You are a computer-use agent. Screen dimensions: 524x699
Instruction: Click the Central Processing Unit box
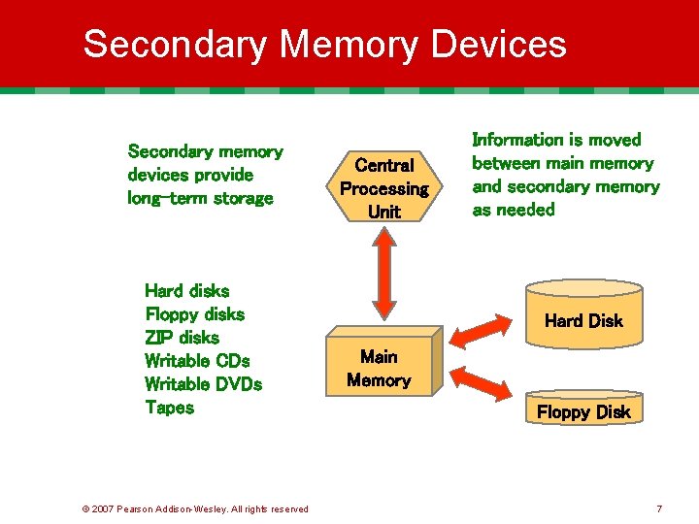384,187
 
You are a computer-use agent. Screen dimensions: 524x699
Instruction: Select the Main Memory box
379,369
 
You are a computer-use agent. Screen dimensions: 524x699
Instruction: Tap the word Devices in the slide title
499,45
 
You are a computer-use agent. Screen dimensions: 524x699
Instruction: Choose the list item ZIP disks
182,338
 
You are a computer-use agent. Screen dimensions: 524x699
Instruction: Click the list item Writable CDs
197,361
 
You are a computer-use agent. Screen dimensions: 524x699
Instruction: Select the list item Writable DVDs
203,384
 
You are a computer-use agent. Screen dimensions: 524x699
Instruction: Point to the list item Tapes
169,408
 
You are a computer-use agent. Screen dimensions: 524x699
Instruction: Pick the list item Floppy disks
194,314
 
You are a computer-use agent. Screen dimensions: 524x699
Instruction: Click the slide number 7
659,508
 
